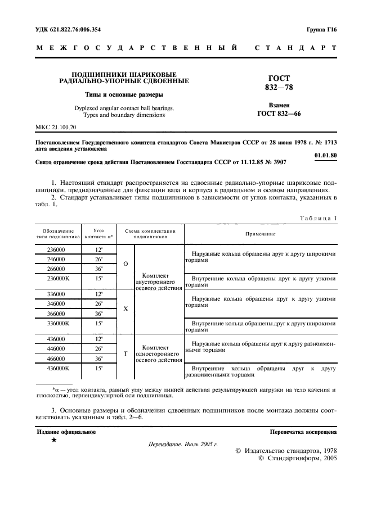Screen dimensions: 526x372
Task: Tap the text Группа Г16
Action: pos(321,29)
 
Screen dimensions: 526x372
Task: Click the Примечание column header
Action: pos(260,234)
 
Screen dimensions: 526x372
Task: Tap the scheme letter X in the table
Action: pos(125,309)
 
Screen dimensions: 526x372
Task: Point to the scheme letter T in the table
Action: pos(125,352)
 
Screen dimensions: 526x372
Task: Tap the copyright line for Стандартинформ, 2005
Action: pos(297,459)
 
